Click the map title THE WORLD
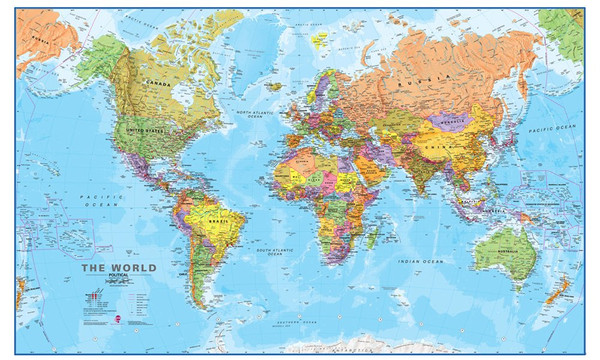[x=117, y=268]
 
